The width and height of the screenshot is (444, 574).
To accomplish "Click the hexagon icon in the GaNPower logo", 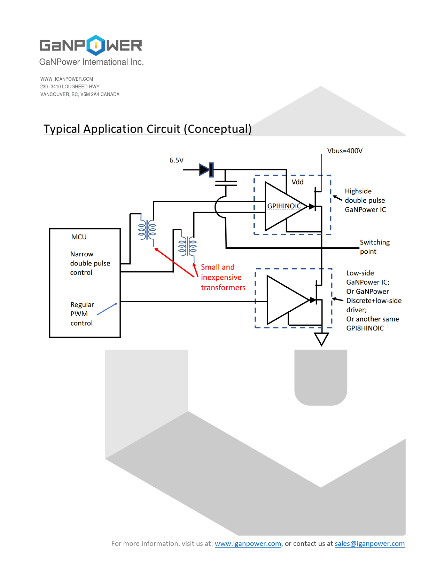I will pyautogui.click(x=95, y=45).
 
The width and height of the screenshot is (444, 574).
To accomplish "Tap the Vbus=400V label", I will pyautogui.click(x=345, y=151).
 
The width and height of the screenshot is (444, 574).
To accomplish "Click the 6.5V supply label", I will pyautogui.click(x=176, y=160).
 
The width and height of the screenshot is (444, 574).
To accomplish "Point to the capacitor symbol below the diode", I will pyautogui.click(x=226, y=183).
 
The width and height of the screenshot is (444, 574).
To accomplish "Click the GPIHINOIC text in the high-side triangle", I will pyautogui.click(x=284, y=206).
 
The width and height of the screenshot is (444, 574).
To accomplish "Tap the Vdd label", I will pyautogui.click(x=297, y=182).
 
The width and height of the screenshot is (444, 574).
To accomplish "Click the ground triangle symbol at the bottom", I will pyautogui.click(x=321, y=338).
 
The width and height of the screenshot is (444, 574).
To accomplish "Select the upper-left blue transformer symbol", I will pyautogui.click(x=147, y=230).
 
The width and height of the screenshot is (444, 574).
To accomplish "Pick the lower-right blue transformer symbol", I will pyautogui.click(x=187, y=246).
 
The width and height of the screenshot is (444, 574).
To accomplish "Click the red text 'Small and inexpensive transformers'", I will pyautogui.click(x=223, y=277).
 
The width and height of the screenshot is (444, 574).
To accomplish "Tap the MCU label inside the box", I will pyautogui.click(x=79, y=237).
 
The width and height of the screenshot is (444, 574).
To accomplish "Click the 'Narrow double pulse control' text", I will pyautogui.click(x=90, y=263).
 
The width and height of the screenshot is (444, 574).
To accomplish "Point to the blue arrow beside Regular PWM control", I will pyautogui.click(x=107, y=309).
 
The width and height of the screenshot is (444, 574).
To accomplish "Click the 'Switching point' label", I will pyautogui.click(x=375, y=247).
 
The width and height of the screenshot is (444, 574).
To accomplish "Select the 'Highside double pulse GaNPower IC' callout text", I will pyautogui.click(x=365, y=200).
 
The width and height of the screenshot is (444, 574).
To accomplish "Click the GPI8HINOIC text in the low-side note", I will pyautogui.click(x=365, y=328).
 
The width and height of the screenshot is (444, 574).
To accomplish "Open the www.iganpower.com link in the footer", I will pyautogui.click(x=248, y=544).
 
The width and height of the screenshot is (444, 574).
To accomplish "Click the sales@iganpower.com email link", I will pyautogui.click(x=369, y=544).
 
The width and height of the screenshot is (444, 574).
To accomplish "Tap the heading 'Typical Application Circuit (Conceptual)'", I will pyautogui.click(x=147, y=129).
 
